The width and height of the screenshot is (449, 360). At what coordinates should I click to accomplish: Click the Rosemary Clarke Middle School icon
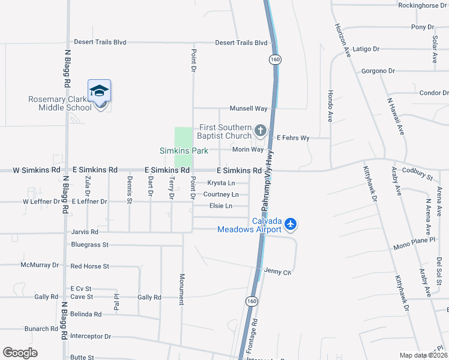[x=99, y=92]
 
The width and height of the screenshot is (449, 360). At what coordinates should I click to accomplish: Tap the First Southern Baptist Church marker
[x=260, y=130]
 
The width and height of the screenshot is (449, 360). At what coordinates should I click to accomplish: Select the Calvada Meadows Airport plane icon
[x=291, y=224]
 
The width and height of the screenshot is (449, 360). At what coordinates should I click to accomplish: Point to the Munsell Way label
[x=248, y=109]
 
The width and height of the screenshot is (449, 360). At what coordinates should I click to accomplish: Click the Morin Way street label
[x=247, y=149]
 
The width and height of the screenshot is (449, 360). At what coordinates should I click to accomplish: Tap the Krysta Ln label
[x=220, y=183]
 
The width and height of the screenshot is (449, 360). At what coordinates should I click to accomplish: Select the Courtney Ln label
[x=221, y=194]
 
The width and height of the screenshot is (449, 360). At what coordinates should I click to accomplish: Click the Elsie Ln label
[x=220, y=206]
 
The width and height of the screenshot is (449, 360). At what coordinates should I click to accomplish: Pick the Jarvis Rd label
[x=84, y=232]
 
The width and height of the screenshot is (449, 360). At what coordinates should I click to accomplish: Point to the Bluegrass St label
[x=89, y=245]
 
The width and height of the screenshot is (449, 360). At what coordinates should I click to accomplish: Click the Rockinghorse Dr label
[x=423, y=5]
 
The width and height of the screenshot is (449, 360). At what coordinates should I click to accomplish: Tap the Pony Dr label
[x=422, y=27]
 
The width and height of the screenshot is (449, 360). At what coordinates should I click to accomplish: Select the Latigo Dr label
[x=366, y=49]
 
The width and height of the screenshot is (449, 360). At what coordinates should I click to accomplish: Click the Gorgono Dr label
[x=378, y=71]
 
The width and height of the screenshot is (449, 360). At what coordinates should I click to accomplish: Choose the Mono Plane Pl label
[x=414, y=247]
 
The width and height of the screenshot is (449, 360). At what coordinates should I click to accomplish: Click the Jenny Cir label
[x=277, y=272]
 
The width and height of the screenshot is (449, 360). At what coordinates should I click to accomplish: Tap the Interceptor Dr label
[x=91, y=336]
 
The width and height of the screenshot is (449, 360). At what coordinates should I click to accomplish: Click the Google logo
[x=20, y=352]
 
